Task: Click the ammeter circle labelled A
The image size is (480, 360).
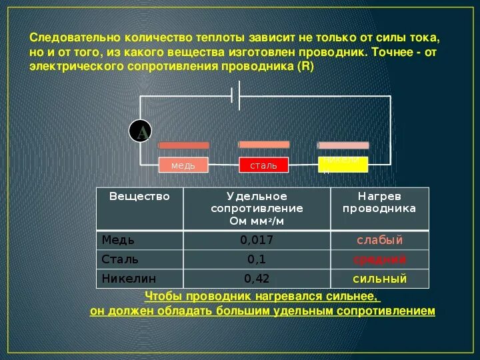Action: [141, 132]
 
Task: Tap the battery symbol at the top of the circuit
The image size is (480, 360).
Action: [235, 95]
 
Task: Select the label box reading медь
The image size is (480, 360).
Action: [183, 165]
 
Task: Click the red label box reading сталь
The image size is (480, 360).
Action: [263, 165]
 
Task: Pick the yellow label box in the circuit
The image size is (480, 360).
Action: [343, 164]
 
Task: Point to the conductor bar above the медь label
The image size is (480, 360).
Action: [183, 145]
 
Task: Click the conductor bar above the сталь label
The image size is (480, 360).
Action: [264, 144]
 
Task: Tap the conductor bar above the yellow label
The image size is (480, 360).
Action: [343, 145]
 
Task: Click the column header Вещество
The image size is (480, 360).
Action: [139, 197]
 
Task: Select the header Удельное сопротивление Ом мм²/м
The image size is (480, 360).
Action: [257, 208]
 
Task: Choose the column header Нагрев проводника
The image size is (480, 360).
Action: [379, 202]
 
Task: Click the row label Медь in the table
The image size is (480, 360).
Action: [118, 240]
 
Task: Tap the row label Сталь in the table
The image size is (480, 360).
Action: [120, 259]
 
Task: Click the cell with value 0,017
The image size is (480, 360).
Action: [257, 240]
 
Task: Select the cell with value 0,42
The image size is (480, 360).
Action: [257, 278]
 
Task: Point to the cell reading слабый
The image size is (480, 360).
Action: [379, 240]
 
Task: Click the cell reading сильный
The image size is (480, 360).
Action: [379, 278]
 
